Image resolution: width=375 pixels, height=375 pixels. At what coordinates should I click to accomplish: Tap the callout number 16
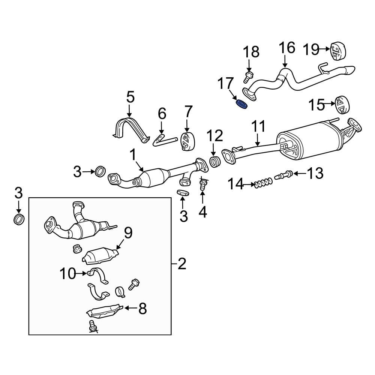(287, 48)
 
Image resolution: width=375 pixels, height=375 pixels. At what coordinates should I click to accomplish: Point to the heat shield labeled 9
(100, 256)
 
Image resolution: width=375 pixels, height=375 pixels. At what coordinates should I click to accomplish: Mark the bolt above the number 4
(202, 184)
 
